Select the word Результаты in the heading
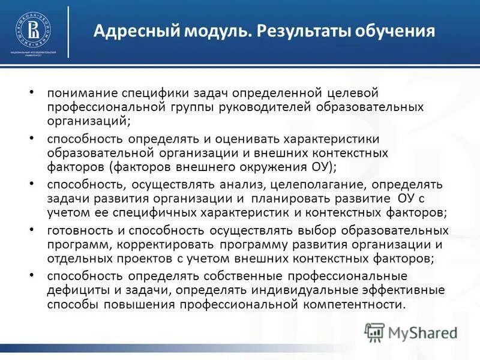click(x=297, y=30)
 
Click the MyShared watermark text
click(x=423, y=332)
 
